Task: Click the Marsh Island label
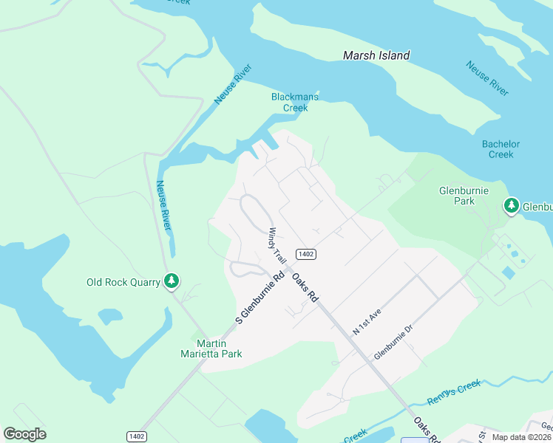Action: pyautogui.click(x=376, y=55)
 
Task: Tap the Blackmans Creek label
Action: pyautogui.click(x=295, y=102)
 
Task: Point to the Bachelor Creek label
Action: pyautogui.click(x=501, y=149)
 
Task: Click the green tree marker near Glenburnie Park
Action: pyautogui.click(x=511, y=206)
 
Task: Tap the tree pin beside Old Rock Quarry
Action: pyautogui.click(x=172, y=281)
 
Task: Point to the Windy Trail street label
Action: pyautogui.click(x=277, y=246)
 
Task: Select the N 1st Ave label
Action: pyautogui.click(x=367, y=323)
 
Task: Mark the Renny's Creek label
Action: pyautogui.click(x=454, y=392)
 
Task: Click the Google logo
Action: pyautogui.click(x=24, y=434)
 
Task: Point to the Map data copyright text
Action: pyautogui.click(x=522, y=437)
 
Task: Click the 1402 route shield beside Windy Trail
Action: pyautogui.click(x=306, y=254)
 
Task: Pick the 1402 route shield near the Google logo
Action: pyautogui.click(x=135, y=436)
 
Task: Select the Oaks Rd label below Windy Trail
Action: pyautogui.click(x=305, y=286)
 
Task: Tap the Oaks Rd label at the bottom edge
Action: pyautogui.click(x=427, y=429)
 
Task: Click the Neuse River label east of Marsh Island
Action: pyautogui.click(x=487, y=78)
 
